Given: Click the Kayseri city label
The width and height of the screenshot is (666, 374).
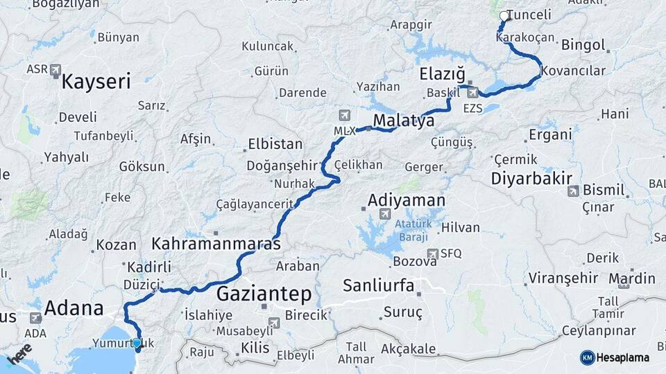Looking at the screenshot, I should click(96, 82).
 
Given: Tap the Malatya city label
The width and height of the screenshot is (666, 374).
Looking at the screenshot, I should click(404, 121).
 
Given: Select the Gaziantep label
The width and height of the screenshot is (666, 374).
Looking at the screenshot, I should click(264, 294).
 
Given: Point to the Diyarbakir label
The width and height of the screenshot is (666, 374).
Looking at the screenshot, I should click(531, 178).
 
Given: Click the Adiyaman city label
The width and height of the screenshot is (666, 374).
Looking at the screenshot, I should click(406, 200).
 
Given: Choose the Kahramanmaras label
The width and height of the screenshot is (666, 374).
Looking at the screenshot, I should click(216, 244).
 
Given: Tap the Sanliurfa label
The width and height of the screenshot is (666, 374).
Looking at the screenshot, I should click(378, 285).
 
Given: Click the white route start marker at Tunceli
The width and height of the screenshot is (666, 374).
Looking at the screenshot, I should click(504, 15).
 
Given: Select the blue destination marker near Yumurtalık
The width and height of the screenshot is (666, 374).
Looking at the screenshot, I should click(137, 343).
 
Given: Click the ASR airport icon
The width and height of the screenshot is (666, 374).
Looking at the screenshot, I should click(55, 70).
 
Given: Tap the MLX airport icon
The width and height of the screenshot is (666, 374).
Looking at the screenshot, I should click(344, 115).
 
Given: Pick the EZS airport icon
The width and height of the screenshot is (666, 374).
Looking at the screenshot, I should click(473, 92).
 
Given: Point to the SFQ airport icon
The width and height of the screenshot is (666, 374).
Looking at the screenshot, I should click(433, 253).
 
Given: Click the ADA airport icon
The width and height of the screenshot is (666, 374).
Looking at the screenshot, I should click(35, 318).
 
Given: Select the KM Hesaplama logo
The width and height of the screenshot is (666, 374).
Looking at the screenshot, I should click(615, 357).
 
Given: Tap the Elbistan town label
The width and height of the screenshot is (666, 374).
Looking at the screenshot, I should click(275, 145).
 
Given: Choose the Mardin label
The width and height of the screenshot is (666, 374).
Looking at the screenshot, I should click(631, 278).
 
